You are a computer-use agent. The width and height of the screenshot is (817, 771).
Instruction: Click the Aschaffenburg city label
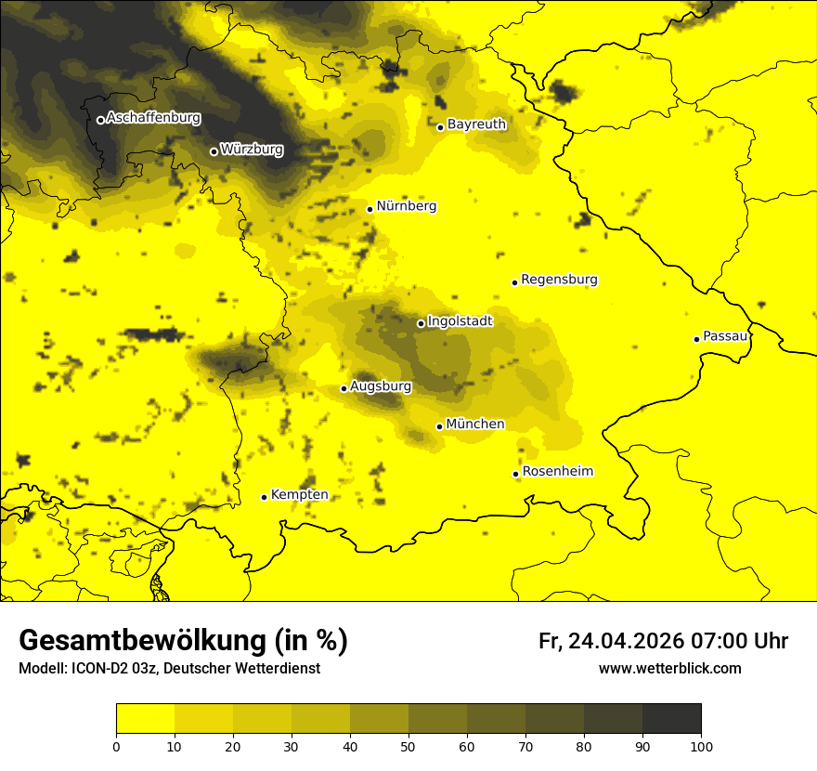(x=153, y=118)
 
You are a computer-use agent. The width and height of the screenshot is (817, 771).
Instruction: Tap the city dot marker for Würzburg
(x=214, y=151)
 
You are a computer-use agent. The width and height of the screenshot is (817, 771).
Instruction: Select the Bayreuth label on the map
(x=476, y=124)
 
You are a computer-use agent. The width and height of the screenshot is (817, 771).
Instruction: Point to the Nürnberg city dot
(x=370, y=209)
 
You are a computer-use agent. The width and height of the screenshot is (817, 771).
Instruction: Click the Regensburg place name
(x=559, y=280)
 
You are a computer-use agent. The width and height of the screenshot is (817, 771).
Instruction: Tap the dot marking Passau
(x=696, y=339)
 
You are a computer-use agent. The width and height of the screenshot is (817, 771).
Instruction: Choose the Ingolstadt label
(x=460, y=321)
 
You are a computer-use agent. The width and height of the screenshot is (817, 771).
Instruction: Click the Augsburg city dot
(x=344, y=388)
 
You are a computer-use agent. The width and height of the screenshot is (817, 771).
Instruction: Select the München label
(x=475, y=425)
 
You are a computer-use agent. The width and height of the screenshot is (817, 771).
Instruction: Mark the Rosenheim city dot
(x=515, y=474)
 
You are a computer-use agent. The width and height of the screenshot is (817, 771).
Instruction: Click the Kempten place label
(x=299, y=495)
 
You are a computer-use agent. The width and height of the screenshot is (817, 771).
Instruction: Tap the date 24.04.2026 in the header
(x=627, y=641)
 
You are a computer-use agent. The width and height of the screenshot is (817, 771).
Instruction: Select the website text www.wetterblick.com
(x=669, y=669)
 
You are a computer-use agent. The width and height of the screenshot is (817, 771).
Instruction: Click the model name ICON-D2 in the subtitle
(x=100, y=669)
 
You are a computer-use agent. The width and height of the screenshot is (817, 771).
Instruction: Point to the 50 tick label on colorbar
(x=408, y=746)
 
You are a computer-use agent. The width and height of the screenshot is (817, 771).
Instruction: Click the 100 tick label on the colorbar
(x=700, y=746)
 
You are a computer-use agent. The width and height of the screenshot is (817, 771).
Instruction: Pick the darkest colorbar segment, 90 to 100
(x=671, y=719)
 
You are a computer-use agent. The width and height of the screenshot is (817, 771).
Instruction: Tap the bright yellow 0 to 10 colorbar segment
(x=145, y=719)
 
